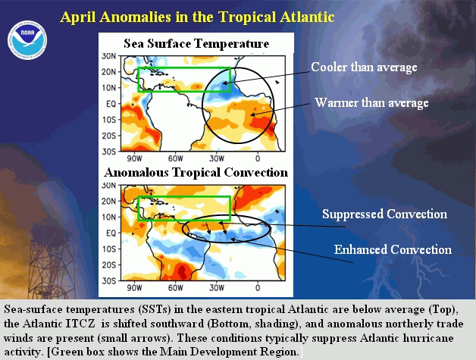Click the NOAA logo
click(x=27, y=39)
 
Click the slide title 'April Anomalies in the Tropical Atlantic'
click(x=197, y=17)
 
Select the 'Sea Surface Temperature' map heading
click(x=196, y=44)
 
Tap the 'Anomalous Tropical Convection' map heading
click(x=196, y=173)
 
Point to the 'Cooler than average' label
click(x=364, y=67)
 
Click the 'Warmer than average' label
click(x=371, y=102)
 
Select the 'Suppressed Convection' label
click(x=384, y=214)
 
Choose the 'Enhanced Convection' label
click(x=393, y=249)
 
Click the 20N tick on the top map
click(x=109, y=72)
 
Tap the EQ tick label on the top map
click(x=111, y=104)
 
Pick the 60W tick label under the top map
click(x=175, y=158)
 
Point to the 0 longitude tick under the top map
click(x=258, y=158)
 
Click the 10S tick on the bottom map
click(x=109, y=249)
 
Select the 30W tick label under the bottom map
click(x=217, y=287)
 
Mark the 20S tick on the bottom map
click(x=109, y=265)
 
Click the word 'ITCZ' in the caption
click(x=80, y=324)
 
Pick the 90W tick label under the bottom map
click(x=134, y=287)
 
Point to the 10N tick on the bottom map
click(x=109, y=217)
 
